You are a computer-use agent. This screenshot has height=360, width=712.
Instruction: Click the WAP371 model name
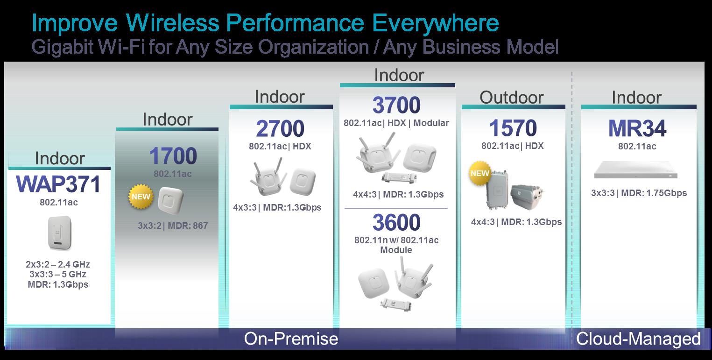(58, 184)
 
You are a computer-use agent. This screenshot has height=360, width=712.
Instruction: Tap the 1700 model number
(173, 156)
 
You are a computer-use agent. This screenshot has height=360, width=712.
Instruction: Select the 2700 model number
(280, 128)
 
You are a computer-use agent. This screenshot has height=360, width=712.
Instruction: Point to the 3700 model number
(396, 105)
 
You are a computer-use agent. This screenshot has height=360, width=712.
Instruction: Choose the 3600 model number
(396, 222)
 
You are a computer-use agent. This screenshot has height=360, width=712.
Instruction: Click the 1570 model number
(513, 128)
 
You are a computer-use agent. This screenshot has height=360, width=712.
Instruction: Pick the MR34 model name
(637, 128)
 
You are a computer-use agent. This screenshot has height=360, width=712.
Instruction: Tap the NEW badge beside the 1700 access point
(141, 197)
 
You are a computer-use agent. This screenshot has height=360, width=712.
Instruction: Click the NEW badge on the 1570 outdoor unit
(479, 173)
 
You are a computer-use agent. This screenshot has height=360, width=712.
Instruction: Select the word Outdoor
(511, 97)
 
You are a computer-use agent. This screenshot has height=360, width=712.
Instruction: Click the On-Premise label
(291, 339)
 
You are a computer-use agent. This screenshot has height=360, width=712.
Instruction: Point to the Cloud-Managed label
(638, 339)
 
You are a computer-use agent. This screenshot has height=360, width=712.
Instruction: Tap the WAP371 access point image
(60, 233)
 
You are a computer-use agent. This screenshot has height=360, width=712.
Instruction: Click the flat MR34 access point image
(636, 170)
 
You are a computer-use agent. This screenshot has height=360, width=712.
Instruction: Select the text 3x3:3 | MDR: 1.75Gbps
(639, 193)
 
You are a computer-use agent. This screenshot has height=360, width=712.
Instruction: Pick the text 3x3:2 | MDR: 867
(173, 226)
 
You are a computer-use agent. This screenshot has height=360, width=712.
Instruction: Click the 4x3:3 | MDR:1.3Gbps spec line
(277, 208)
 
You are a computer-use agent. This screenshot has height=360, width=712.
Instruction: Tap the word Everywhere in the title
(436, 23)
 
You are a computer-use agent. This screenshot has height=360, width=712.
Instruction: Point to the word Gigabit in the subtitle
(62, 47)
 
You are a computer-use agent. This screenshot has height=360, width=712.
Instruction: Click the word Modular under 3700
(431, 123)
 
